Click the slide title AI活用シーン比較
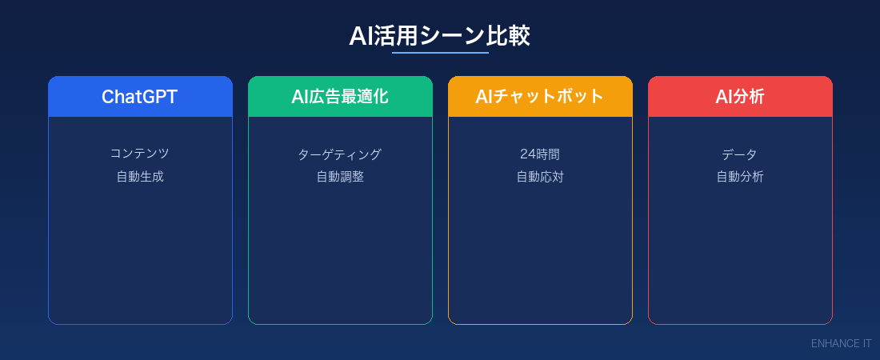point(439,36)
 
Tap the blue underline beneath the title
point(440,53)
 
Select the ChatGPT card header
point(140,97)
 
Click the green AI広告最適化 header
point(340,97)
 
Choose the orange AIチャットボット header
point(540,97)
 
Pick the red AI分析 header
point(740,97)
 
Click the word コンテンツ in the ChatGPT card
point(140,154)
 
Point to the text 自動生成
point(140,177)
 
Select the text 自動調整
point(340,177)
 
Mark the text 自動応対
point(540,177)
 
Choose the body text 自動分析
point(740,177)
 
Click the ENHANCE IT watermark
point(841,343)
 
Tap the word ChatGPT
point(140,97)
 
